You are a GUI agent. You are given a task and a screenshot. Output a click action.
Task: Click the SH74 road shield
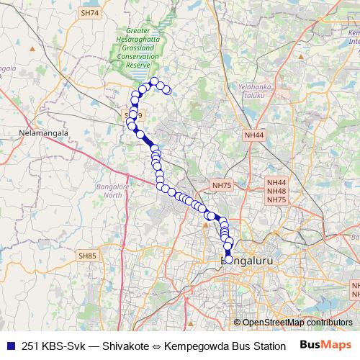89,13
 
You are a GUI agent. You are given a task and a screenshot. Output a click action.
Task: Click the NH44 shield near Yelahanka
254,135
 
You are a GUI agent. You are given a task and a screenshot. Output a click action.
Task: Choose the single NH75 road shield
222,185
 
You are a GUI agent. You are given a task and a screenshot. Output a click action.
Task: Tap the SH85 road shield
87,256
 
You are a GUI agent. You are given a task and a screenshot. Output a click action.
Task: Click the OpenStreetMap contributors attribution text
297,323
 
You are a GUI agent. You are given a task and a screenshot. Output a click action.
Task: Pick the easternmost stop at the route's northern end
167,90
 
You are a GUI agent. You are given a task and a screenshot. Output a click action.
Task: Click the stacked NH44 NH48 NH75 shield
276,192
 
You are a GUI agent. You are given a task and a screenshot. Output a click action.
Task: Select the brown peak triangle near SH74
31,48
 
